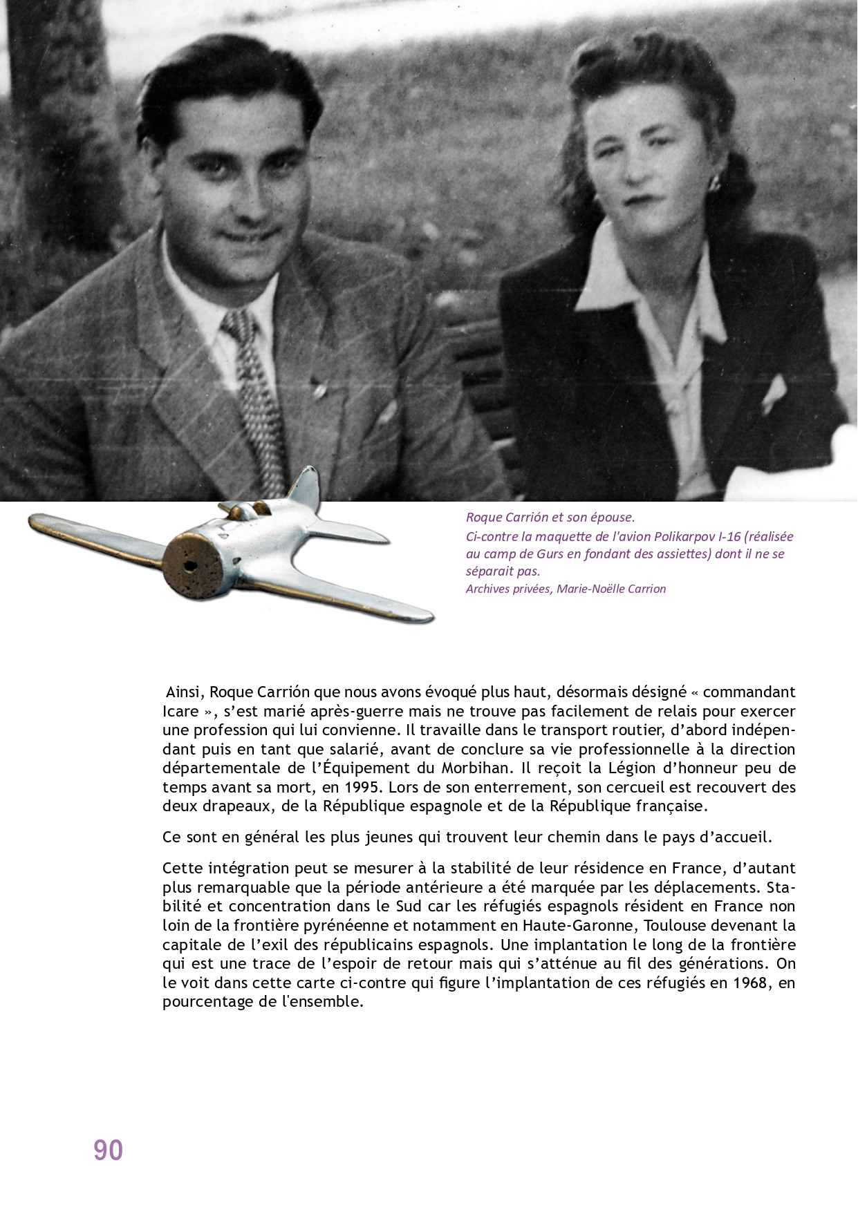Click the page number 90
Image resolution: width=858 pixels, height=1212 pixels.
tap(108, 1150)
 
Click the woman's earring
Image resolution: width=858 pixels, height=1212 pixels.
tap(714, 184)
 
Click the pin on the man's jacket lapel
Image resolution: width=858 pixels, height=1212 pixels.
tap(319, 391)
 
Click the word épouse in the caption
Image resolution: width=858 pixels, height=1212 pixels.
tap(614, 517)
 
